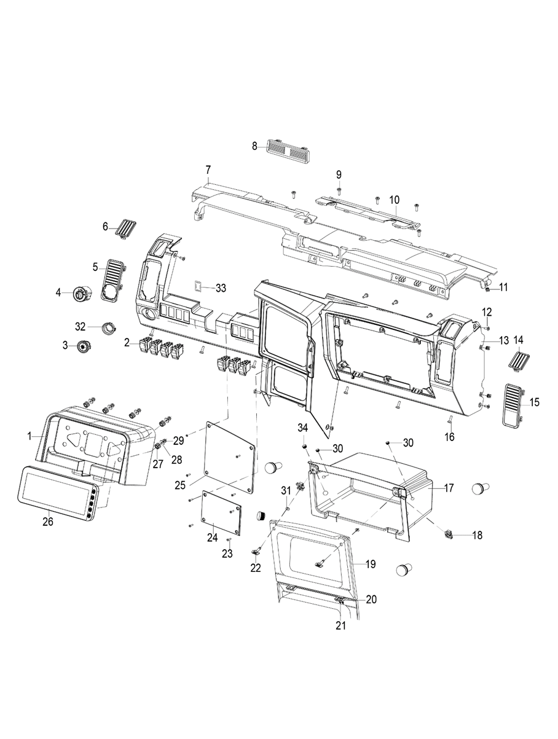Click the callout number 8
tap(254, 146)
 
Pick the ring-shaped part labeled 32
tap(109, 328)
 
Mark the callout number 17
tap(449, 488)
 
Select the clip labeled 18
tap(448, 535)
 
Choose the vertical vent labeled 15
tap(512, 405)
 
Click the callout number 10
tap(394, 200)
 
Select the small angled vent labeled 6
tap(125, 229)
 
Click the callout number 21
tap(340, 626)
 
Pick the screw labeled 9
tap(339, 192)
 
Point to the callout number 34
tap(303, 428)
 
